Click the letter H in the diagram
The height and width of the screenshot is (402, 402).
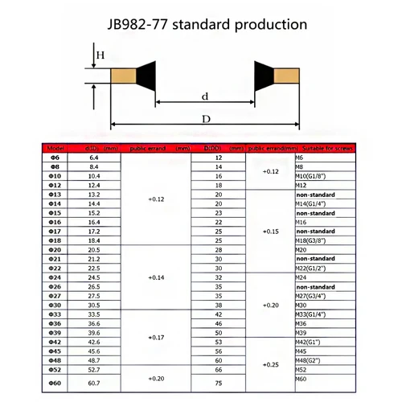coord(101,55)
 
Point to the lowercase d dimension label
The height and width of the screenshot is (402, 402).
coord(206,96)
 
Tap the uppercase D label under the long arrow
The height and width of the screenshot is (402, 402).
coord(207,119)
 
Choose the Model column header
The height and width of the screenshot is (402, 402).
coord(55,150)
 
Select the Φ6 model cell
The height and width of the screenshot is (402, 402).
coord(55,158)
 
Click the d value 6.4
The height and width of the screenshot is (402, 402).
coord(93,158)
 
